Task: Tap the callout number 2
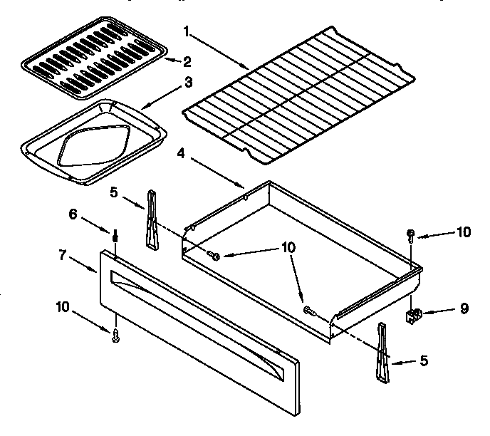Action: point(187,61)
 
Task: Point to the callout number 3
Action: point(188,82)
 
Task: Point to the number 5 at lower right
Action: point(424,360)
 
